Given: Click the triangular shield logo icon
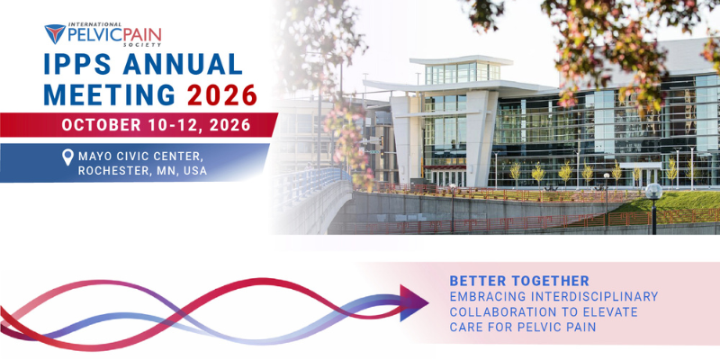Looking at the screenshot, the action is click(55, 34).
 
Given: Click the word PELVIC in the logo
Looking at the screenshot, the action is click(91, 35).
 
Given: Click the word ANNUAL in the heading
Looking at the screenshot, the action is click(183, 64).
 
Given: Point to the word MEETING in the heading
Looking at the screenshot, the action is click(109, 94).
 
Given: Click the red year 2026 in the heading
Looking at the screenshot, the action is click(222, 94).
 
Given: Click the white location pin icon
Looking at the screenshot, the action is click(67, 157).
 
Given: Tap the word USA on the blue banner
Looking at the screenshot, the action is click(194, 171).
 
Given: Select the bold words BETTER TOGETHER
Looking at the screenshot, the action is click(519, 281).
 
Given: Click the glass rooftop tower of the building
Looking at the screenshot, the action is click(462, 70).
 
